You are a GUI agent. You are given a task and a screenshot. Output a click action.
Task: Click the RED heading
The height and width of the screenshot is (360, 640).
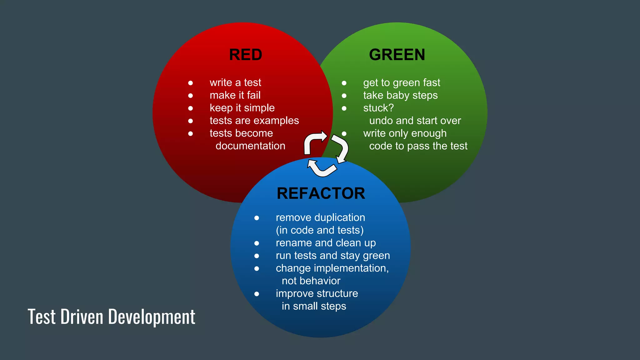click(245, 55)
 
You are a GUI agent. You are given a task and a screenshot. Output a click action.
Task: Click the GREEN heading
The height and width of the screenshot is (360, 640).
click(397, 55)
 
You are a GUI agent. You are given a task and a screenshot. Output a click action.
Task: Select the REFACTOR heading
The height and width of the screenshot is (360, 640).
click(321, 193)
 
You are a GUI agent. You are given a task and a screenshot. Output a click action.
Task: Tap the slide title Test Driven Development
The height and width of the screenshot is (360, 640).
click(111, 317)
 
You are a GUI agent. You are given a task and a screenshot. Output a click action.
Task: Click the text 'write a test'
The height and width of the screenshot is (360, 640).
click(235, 82)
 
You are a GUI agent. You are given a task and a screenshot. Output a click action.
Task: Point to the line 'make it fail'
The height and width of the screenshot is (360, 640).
click(235, 95)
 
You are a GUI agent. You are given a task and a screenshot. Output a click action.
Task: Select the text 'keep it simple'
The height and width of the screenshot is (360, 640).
click(242, 108)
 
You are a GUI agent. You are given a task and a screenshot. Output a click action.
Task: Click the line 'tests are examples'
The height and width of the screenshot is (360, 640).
click(254, 121)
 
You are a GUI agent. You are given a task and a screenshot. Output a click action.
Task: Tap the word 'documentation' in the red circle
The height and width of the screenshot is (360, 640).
click(250, 146)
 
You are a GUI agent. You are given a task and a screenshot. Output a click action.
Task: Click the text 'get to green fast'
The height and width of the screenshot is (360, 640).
click(401, 83)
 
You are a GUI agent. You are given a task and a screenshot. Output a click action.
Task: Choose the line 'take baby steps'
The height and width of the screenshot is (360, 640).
click(400, 95)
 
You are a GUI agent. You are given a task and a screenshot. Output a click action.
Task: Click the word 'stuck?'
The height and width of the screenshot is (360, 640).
click(378, 108)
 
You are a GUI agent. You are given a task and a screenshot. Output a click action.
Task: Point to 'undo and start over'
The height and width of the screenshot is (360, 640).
click(415, 121)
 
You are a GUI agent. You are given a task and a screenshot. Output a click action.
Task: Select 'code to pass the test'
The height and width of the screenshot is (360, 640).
click(418, 146)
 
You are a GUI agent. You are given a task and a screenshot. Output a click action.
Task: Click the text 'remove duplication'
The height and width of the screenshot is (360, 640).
click(320, 217)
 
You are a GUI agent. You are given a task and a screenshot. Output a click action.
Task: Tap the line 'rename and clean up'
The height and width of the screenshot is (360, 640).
click(326, 243)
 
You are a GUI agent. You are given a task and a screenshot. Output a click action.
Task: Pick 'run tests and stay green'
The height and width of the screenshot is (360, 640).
click(332, 256)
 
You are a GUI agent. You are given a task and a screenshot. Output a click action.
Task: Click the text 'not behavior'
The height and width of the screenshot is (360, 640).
click(311, 281)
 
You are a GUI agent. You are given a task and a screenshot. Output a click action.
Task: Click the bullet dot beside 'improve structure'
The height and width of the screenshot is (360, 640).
click(257, 294)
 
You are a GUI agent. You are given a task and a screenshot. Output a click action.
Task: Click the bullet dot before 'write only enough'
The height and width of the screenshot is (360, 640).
click(344, 134)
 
